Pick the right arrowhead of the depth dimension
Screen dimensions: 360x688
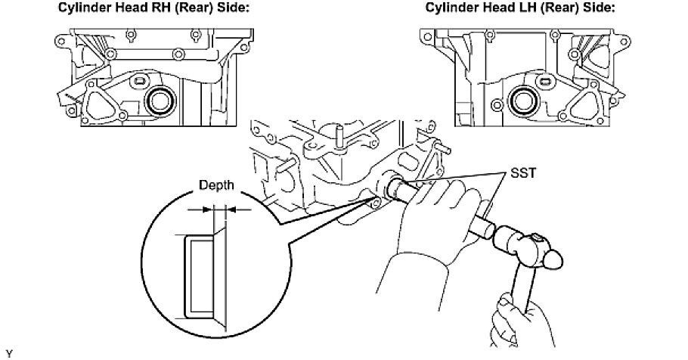228,210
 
